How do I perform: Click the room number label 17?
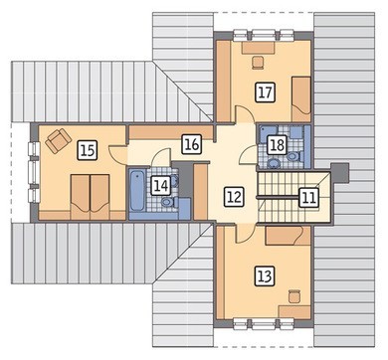(266, 91)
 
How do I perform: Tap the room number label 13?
(265, 275)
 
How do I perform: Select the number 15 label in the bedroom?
(88, 151)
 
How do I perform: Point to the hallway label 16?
(192, 144)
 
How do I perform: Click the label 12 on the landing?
(234, 197)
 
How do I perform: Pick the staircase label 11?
(308, 198)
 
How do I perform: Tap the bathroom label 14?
(161, 185)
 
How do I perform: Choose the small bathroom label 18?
(278, 144)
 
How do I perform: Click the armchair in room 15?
(59, 140)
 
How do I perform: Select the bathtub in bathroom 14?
(137, 191)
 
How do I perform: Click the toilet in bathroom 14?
(169, 202)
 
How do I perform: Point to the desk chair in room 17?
(258, 63)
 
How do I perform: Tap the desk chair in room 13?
(294, 296)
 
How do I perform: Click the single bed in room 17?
(301, 99)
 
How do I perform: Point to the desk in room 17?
(259, 48)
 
